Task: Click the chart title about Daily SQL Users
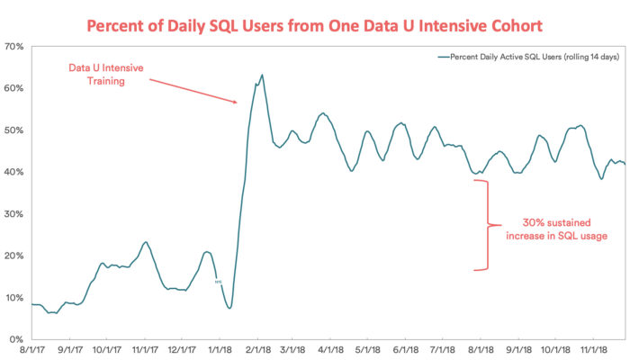coord(315,20)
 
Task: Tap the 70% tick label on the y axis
coord(16,46)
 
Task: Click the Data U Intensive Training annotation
coord(107,74)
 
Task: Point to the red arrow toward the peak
coord(193,90)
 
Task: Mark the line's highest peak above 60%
coord(262,76)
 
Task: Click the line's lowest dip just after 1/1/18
coord(230,308)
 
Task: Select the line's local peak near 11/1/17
coord(146,242)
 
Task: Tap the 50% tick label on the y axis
coord(16,130)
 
